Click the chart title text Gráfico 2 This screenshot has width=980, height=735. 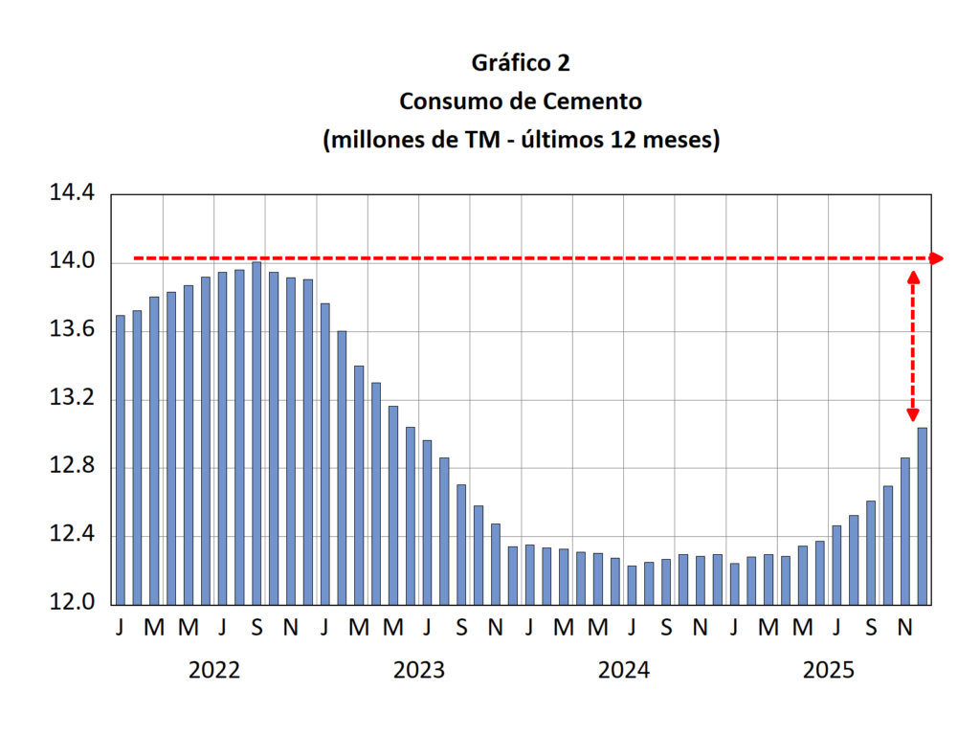pyautogui.click(x=521, y=63)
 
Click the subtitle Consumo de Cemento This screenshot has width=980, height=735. pyautogui.click(x=521, y=101)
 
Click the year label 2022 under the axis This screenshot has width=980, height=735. pyautogui.click(x=214, y=670)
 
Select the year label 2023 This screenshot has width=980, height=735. pyautogui.click(x=419, y=670)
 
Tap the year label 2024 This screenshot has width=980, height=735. pyautogui.click(x=624, y=670)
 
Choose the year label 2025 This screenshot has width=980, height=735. pyautogui.click(x=829, y=670)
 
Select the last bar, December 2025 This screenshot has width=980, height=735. pyautogui.click(x=923, y=516)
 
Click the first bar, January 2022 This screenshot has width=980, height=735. pyautogui.click(x=121, y=459)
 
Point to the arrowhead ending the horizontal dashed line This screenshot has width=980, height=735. pyautogui.click(x=937, y=258)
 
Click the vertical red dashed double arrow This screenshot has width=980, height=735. pyautogui.click(x=912, y=345)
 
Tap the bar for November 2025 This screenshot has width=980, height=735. pyautogui.click(x=905, y=530)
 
